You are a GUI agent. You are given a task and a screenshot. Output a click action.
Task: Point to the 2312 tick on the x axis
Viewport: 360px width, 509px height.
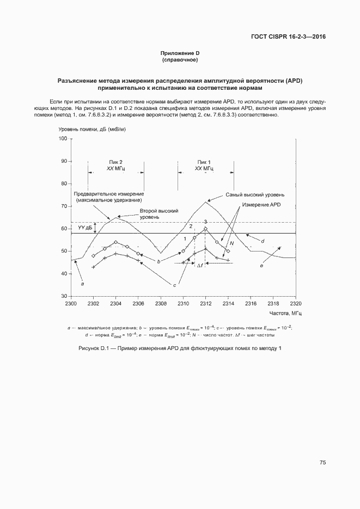coord(205,303)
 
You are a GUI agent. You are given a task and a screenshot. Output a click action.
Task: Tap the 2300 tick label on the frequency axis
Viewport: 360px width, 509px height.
coord(71,303)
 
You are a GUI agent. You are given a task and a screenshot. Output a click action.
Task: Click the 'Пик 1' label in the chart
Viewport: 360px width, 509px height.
coord(204,162)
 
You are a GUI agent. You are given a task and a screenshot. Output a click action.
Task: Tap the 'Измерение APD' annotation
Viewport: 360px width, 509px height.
coord(261,205)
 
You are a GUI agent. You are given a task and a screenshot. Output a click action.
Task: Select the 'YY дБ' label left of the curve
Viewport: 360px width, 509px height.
coord(84,228)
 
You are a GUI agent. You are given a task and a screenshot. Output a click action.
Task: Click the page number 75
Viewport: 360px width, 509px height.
coord(322,462)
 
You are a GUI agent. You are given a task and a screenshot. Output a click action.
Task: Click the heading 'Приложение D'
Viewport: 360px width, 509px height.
coord(180,53)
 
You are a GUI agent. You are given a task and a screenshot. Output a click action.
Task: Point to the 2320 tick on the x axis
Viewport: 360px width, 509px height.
coord(296,303)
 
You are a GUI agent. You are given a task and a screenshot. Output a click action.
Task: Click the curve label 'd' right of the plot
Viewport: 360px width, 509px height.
coord(263,241)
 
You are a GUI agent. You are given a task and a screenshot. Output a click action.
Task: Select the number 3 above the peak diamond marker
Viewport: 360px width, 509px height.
coord(205,222)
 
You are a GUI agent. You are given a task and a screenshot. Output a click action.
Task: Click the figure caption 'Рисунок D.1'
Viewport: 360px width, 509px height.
coord(180,348)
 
